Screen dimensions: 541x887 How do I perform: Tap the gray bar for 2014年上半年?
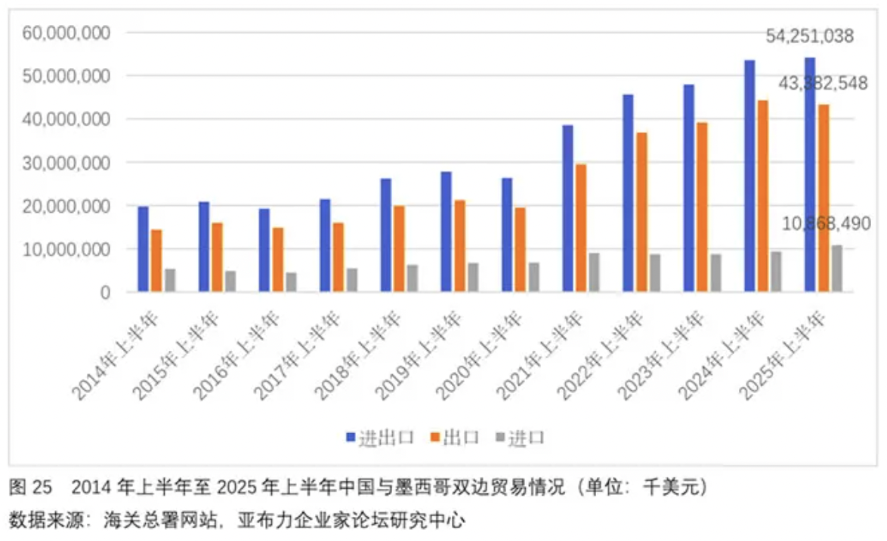click(x=170, y=280)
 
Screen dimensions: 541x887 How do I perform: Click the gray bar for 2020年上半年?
click(x=533, y=277)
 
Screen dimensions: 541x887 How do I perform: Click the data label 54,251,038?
click(x=809, y=35)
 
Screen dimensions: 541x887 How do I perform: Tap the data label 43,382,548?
click(x=822, y=84)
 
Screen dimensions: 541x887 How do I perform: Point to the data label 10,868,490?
click(x=826, y=224)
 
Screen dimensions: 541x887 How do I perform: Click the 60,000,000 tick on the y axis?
click(x=67, y=32)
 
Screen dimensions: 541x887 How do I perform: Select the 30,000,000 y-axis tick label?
click(x=67, y=162)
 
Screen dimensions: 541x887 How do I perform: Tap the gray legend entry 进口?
click(x=519, y=438)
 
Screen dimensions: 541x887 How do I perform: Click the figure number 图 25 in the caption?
click(x=30, y=488)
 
